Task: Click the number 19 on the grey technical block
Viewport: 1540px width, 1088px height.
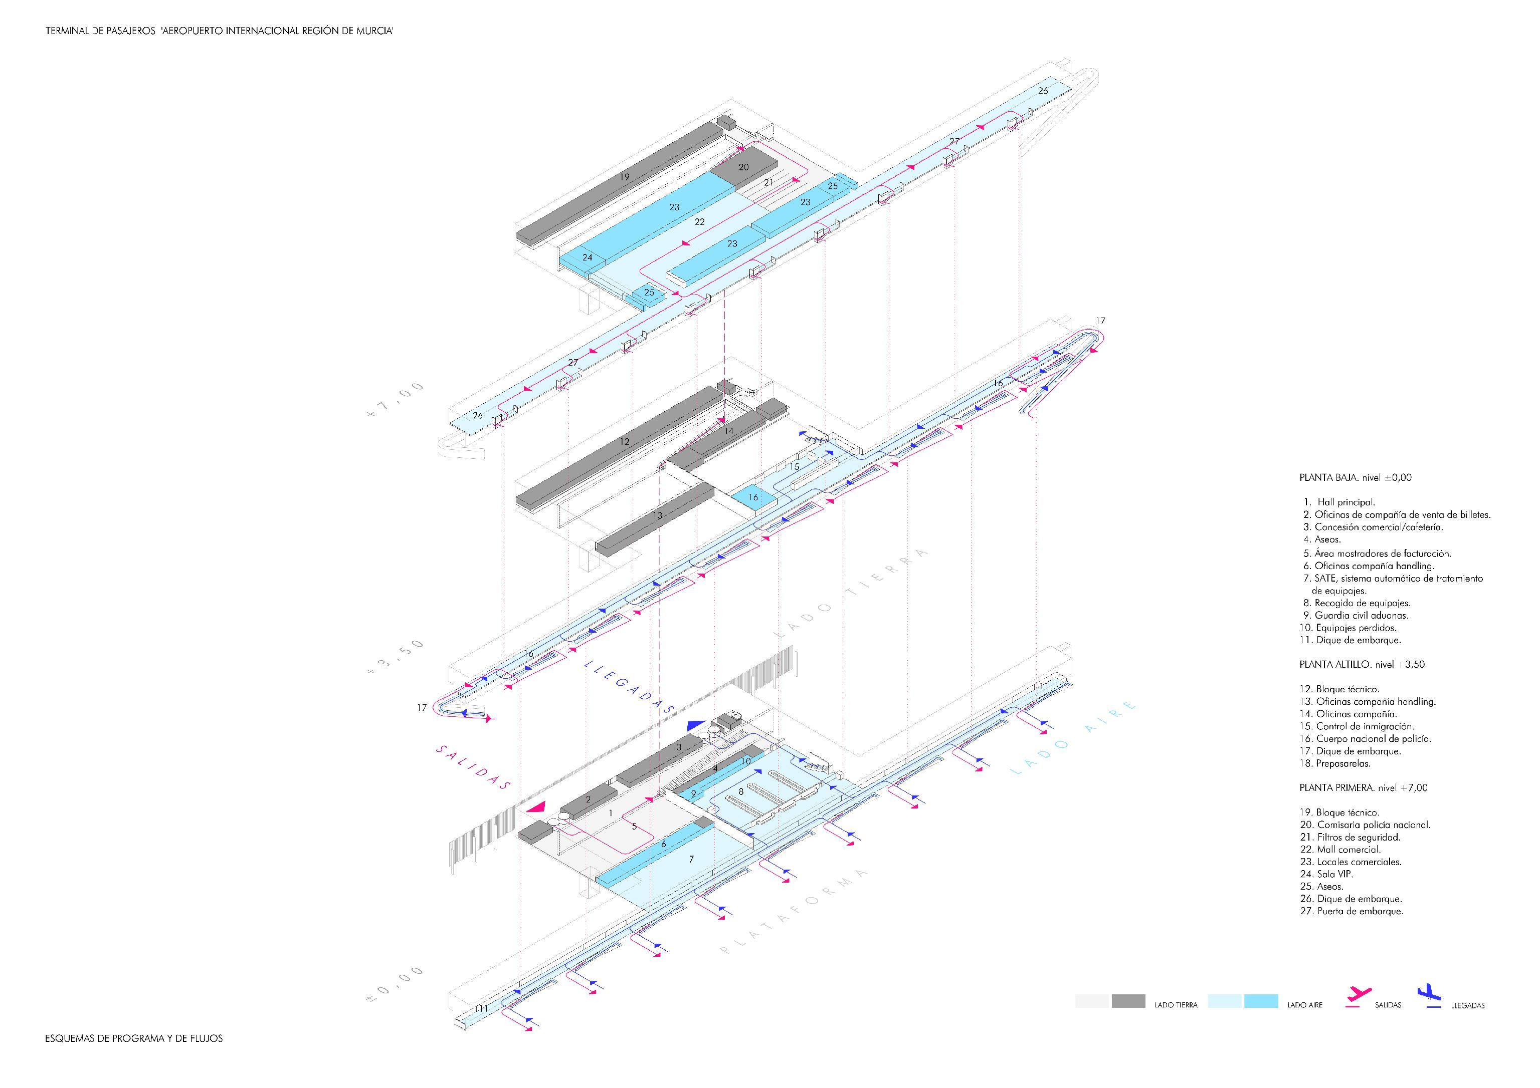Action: tap(625, 177)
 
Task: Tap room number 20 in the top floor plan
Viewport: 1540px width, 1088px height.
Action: tap(743, 167)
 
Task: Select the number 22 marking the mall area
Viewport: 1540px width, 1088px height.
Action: tap(700, 221)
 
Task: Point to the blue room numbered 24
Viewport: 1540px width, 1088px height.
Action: tap(588, 257)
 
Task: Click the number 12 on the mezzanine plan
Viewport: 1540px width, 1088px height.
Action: tap(625, 442)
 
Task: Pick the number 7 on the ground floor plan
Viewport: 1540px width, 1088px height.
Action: tap(691, 859)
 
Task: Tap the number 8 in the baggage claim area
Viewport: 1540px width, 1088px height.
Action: tap(740, 791)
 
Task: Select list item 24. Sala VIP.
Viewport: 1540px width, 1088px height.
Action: tap(1326, 874)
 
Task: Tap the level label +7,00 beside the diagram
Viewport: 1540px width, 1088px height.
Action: tap(395, 400)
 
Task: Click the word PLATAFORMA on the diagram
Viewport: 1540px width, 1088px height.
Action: tap(795, 911)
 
